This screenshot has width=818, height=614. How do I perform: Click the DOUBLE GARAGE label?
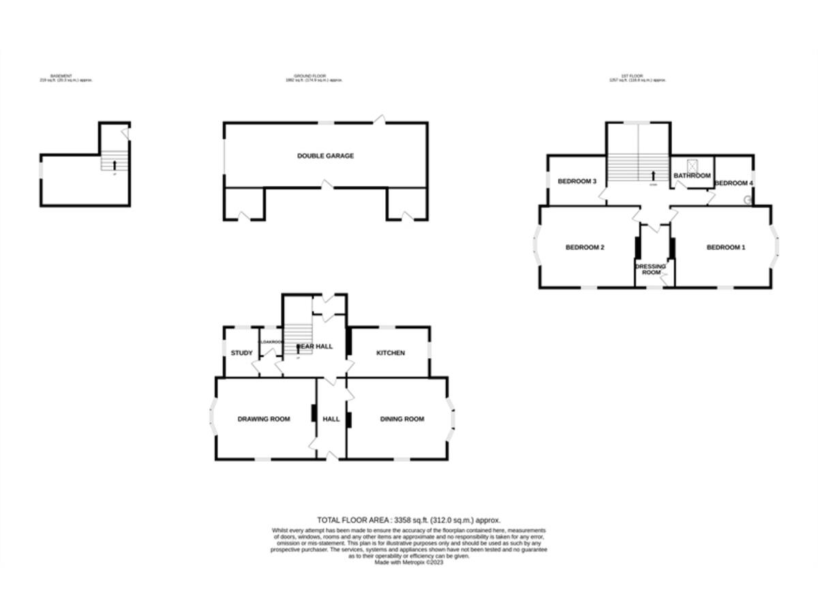325,156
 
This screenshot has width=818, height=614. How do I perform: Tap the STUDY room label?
241,353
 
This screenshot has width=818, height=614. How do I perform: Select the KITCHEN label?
391,353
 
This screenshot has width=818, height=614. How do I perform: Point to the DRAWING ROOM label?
264,419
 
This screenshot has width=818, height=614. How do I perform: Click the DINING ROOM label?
402,419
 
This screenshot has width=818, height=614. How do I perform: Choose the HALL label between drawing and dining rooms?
331,419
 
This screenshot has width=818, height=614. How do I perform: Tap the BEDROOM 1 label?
725,248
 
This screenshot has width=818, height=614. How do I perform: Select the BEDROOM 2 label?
585,248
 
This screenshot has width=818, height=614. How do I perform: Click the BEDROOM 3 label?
577,181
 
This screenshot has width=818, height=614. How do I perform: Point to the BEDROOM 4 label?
733,183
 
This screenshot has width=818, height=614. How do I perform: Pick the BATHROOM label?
692,176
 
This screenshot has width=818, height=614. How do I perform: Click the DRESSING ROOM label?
652,269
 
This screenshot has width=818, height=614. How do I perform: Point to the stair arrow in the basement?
114,164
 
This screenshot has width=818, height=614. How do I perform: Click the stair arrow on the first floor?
654,175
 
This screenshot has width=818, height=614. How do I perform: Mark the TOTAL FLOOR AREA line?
409,520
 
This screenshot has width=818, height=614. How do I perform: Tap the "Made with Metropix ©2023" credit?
409,562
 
